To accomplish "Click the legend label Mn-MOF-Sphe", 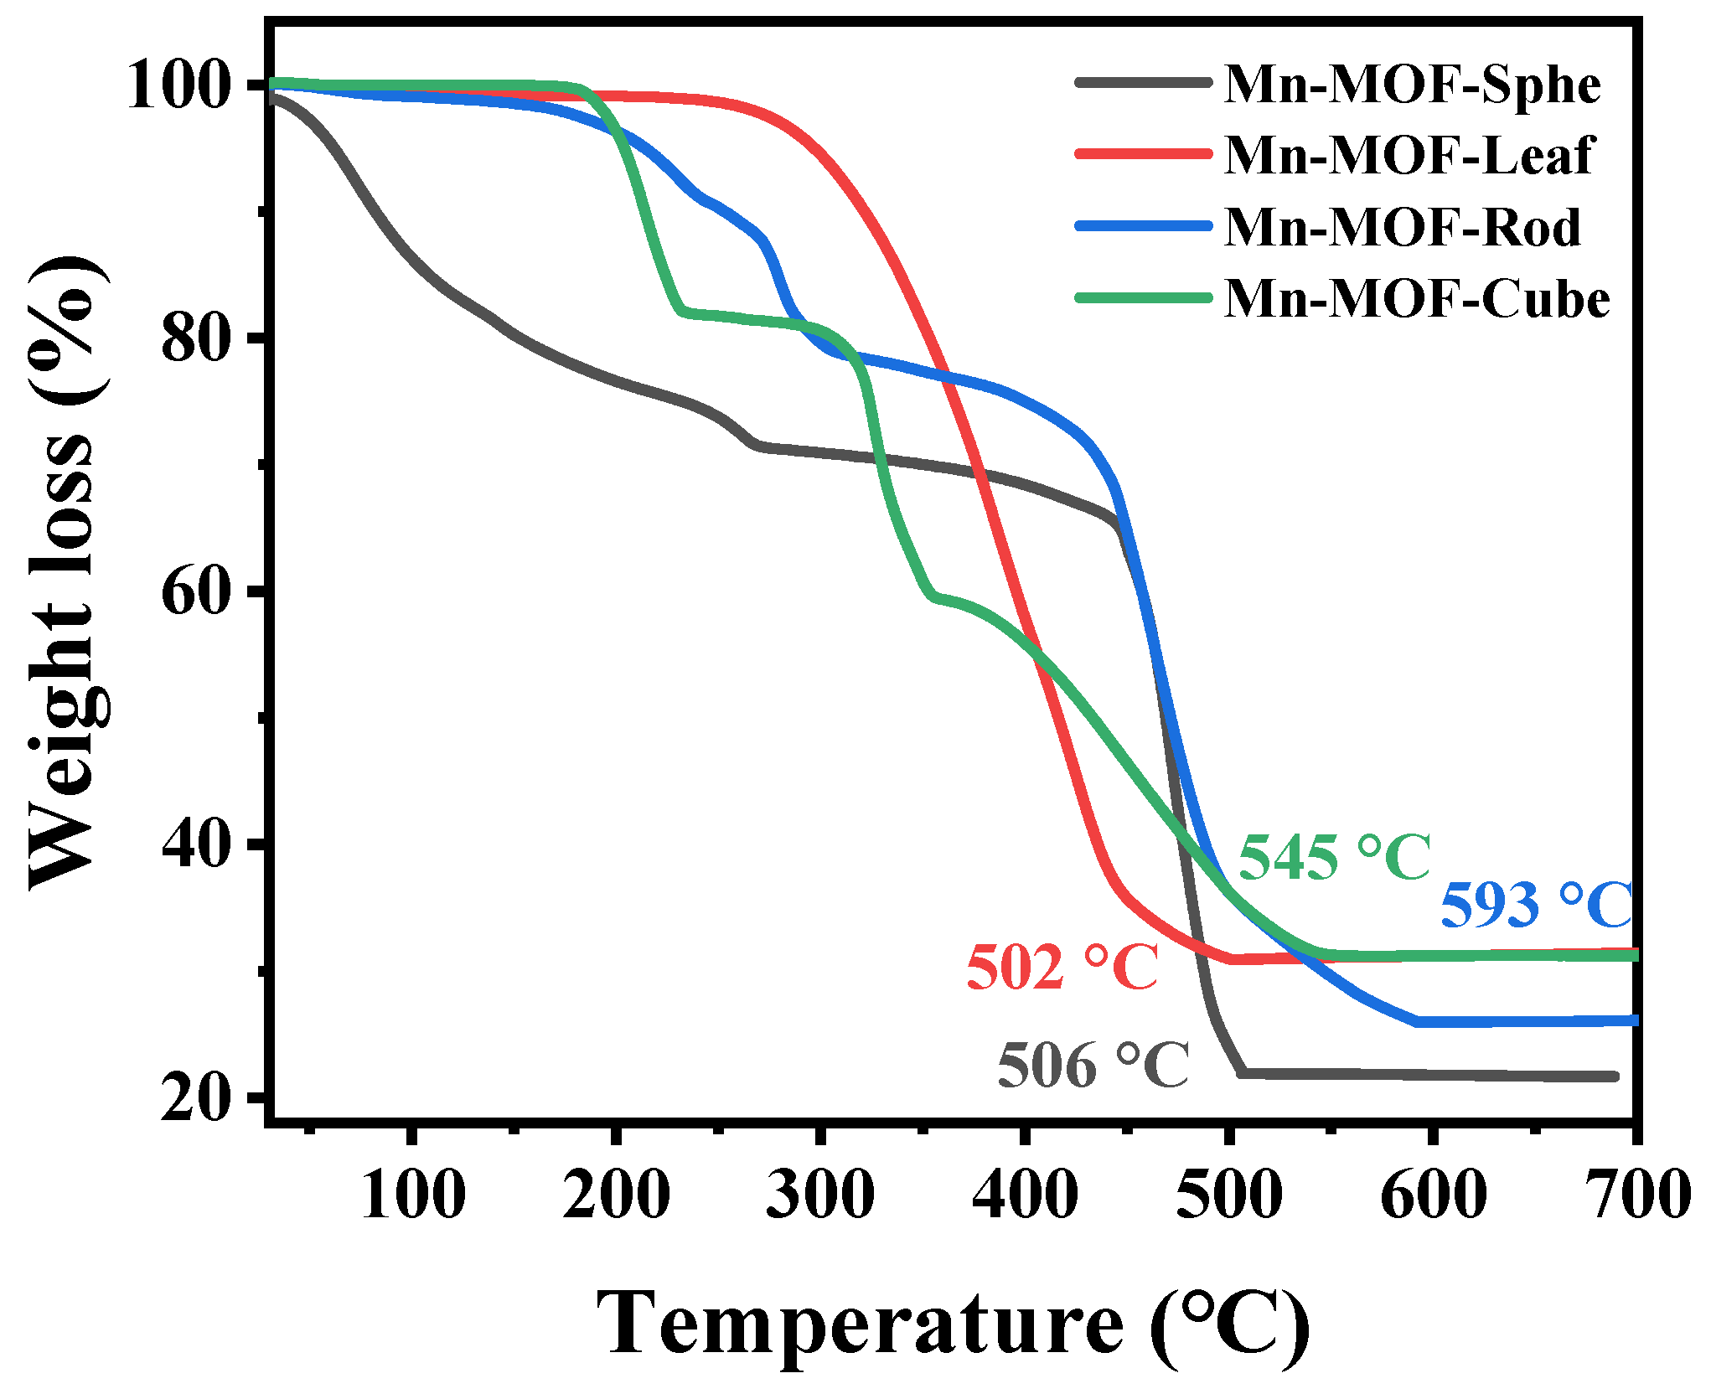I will click(1412, 85).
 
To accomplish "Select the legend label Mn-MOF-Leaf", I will click(1408, 156).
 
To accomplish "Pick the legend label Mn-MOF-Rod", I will click(1402, 227).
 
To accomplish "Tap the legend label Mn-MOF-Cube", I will click(1416, 299).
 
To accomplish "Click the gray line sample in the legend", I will click(1144, 82).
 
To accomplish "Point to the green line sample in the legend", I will click(1144, 297).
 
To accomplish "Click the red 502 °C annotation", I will click(1062, 968).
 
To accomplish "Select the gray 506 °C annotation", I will click(1093, 1066).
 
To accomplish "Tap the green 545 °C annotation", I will click(1334, 858).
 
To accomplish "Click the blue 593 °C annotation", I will click(1536, 906).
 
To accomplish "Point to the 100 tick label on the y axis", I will click(178, 86).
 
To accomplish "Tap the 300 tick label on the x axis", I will click(820, 1195).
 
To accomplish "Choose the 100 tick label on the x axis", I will click(413, 1195).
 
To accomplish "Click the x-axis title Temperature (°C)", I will click(953, 1324).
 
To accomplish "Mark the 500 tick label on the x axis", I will click(1228, 1195).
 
